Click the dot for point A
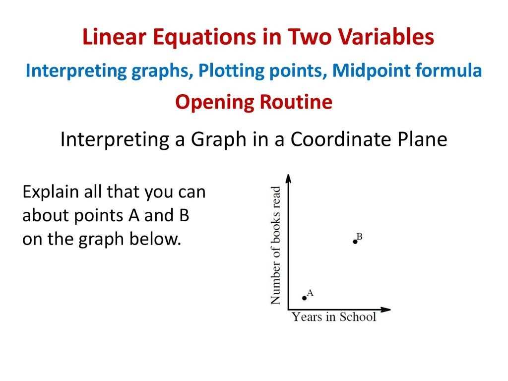304,298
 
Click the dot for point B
355,242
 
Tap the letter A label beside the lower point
310,293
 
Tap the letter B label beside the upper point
359,237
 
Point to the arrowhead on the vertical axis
288,179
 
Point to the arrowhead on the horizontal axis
385,310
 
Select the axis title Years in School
334,317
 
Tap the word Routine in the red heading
296,102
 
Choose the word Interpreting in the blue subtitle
76,70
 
